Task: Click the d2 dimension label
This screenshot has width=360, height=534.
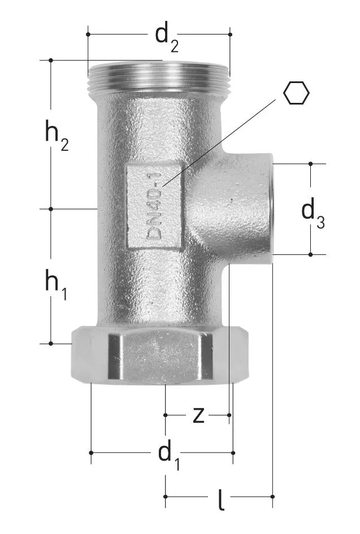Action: click(x=167, y=38)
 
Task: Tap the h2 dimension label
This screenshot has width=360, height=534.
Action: click(x=57, y=136)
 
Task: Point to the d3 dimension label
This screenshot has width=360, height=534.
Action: click(x=313, y=214)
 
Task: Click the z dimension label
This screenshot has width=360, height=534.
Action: click(x=198, y=415)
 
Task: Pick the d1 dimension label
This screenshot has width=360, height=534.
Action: click(x=169, y=457)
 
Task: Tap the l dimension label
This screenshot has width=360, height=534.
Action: click(x=221, y=500)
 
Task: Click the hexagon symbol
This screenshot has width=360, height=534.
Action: click(x=296, y=93)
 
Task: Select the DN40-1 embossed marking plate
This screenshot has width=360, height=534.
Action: click(x=154, y=207)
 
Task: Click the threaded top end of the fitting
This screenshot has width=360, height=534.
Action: click(x=159, y=77)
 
